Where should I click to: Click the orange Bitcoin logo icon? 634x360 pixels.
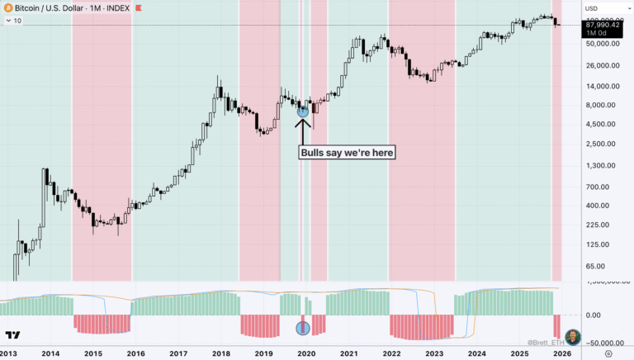click(x=8, y=8)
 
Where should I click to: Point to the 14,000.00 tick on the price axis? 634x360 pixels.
click(x=603, y=86)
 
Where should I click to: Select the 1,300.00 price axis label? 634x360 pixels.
click(x=603, y=165)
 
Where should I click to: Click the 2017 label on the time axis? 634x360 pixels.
click(x=178, y=353)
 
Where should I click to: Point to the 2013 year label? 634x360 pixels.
click(x=10, y=353)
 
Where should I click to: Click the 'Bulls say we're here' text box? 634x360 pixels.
click(x=348, y=152)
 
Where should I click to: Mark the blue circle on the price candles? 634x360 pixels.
click(x=303, y=110)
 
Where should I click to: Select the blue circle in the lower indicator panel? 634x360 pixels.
click(x=303, y=329)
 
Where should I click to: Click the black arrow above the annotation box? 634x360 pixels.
click(x=303, y=130)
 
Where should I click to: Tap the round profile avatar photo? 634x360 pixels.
click(x=572, y=337)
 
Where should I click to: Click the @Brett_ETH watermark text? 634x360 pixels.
click(x=545, y=342)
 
